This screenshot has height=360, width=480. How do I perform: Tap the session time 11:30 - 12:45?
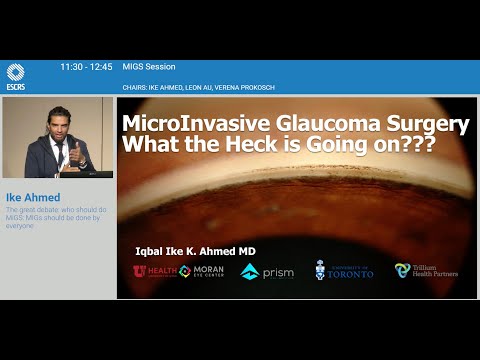point(86,66)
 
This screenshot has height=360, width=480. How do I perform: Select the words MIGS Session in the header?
point(148,66)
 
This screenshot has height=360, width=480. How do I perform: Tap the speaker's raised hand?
point(73,150)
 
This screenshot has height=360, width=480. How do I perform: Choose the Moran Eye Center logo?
point(200,271)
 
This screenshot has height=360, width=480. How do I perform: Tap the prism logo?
point(267,271)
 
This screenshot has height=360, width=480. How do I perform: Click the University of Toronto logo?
point(344,271)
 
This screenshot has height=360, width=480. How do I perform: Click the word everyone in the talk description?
point(18,226)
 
